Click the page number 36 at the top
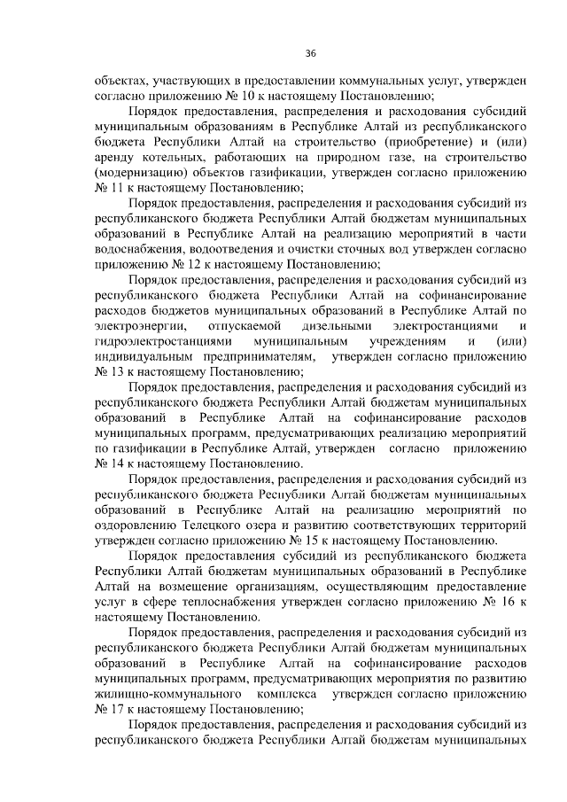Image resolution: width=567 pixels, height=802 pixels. tap(310, 53)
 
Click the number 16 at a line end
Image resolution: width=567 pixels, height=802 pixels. tap(511, 601)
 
